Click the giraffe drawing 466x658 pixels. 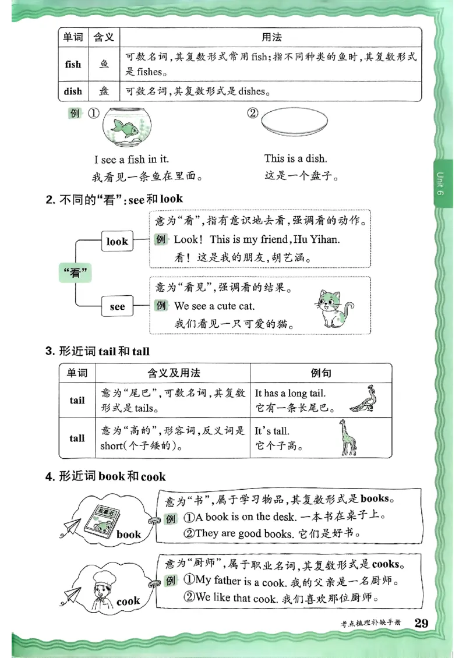[x=348, y=437]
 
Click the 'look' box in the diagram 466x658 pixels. [x=117, y=241]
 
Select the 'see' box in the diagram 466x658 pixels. [x=117, y=306]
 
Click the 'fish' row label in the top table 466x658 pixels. [x=73, y=65]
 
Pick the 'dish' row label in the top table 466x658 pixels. [x=73, y=91]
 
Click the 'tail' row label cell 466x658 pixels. [x=77, y=400]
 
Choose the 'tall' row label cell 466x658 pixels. [x=77, y=438]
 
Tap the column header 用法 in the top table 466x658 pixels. [x=271, y=38]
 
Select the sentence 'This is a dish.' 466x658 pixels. [x=295, y=158]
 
